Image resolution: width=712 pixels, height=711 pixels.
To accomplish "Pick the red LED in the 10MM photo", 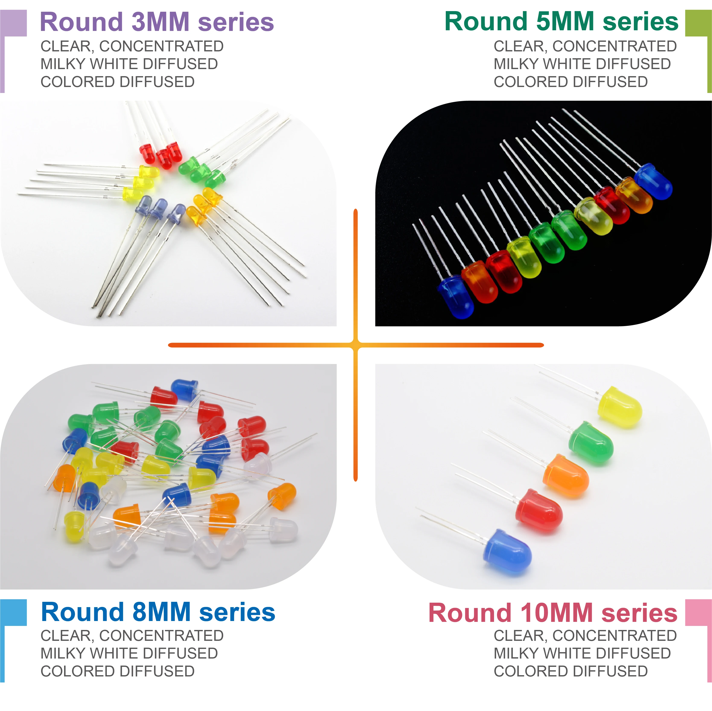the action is coord(539,510).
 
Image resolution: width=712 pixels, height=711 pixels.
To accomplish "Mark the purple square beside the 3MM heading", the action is coord(14,23).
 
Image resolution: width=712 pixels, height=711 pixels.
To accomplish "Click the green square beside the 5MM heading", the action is coord(698,23).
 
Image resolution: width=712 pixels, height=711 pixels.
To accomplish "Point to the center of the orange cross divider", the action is coord(356,345).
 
